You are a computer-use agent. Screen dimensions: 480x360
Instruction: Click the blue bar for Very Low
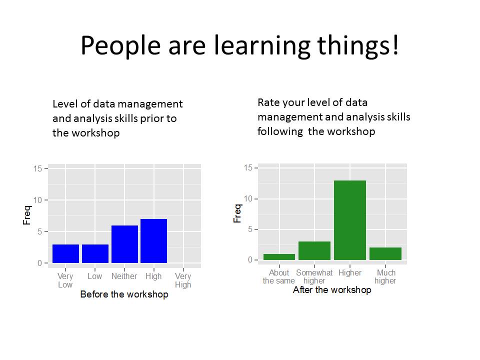(x=65, y=253)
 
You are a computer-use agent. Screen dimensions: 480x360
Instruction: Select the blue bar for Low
(x=95, y=253)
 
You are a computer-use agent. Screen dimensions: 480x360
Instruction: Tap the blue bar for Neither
(x=124, y=244)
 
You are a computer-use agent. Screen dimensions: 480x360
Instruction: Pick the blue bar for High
(x=153, y=241)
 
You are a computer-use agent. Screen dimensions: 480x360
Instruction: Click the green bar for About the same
(x=279, y=257)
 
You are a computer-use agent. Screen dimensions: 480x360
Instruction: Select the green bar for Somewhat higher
(x=314, y=250)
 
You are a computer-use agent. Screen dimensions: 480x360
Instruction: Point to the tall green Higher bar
(x=350, y=220)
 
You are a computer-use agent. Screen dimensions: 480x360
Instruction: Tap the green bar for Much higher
(x=385, y=254)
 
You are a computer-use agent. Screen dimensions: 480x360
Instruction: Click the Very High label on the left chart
(x=183, y=280)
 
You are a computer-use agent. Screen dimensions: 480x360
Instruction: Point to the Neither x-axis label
(x=124, y=276)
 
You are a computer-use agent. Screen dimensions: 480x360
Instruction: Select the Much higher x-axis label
(x=385, y=276)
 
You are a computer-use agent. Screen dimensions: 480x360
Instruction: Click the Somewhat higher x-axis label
(x=314, y=276)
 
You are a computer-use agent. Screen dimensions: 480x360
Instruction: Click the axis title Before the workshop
(x=124, y=294)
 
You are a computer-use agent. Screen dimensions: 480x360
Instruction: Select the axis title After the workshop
(x=332, y=289)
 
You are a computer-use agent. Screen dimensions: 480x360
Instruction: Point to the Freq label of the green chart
(x=237, y=213)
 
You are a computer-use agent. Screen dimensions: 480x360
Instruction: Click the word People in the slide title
(x=120, y=46)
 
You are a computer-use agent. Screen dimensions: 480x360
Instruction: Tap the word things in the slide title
(x=358, y=46)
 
